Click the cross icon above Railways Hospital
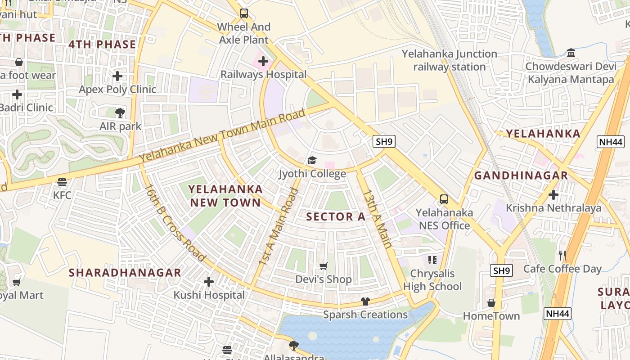(x=263, y=61)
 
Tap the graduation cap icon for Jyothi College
(x=312, y=160)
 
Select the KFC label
(x=62, y=195)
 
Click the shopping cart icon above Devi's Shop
(x=323, y=266)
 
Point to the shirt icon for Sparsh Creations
(x=365, y=301)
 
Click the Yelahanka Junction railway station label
(x=449, y=60)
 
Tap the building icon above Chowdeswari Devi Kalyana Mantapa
(x=571, y=53)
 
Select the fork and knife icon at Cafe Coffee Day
(x=562, y=256)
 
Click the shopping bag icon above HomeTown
(x=491, y=303)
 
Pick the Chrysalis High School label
(x=432, y=280)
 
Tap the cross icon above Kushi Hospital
(x=209, y=282)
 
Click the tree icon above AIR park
(x=120, y=113)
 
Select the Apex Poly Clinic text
(x=117, y=89)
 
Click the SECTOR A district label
(x=336, y=216)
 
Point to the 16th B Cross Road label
(x=175, y=223)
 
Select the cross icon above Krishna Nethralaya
(x=553, y=195)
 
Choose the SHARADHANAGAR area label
(x=125, y=273)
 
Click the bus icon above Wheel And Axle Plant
(x=243, y=13)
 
